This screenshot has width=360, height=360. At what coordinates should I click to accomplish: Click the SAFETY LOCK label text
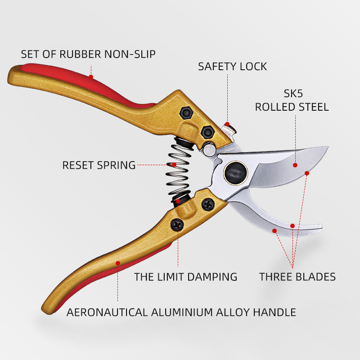click(232, 67)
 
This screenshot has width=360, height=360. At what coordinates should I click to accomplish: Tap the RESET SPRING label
click(99, 165)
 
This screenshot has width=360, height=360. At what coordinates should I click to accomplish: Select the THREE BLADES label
click(297, 277)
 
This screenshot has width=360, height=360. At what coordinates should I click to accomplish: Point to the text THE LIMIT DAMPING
click(185, 277)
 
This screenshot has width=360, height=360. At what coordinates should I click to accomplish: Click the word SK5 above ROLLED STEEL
click(293, 94)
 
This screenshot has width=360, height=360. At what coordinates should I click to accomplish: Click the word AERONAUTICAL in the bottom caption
click(107, 312)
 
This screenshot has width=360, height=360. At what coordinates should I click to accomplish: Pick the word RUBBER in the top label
click(81, 54)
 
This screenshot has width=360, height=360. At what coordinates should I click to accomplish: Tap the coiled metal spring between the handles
click(179, 169)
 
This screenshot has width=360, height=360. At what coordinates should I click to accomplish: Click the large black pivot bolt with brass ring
click(236, 172)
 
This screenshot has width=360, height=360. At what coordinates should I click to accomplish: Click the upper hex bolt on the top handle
click(186, 113)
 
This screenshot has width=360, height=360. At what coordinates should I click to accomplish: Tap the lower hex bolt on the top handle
click(207, 132)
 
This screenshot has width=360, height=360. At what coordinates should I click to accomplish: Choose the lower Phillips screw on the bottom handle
click(177, 225)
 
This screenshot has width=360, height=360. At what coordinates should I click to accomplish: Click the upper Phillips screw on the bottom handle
click(208, 204)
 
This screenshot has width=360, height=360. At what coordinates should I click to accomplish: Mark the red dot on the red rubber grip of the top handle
click(91, 77)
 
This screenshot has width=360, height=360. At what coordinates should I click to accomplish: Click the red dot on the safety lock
click(227, 125)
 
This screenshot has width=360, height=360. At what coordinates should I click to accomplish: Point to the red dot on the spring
click(174, 165)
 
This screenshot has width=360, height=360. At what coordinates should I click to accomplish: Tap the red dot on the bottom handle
click(118, 263)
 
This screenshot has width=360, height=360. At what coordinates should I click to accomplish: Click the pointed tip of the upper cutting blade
click(328, 147)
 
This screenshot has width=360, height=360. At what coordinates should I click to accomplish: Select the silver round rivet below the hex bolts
click(209, 149)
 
